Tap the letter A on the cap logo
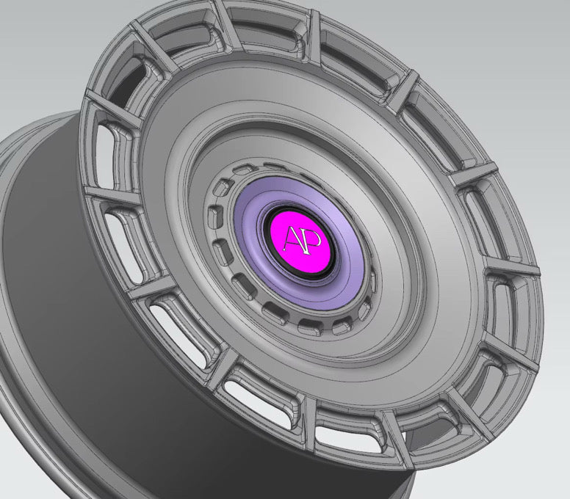coord(292,239)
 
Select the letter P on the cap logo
coord(306,238)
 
